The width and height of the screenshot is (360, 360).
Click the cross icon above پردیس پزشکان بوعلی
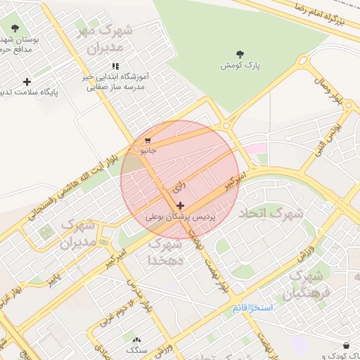(x=181, y=206)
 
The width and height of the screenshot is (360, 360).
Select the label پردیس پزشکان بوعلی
(x=179, y=218)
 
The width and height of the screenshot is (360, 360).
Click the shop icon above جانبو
(x=147, y=140)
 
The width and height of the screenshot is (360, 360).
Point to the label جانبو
(x=148, y=150)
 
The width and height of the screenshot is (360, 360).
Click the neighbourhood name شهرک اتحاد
(x=271, y=212)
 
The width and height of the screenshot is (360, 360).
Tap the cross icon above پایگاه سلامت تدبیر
(x=27, y=82)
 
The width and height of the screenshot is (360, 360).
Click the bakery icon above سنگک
(x=136, y=339)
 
